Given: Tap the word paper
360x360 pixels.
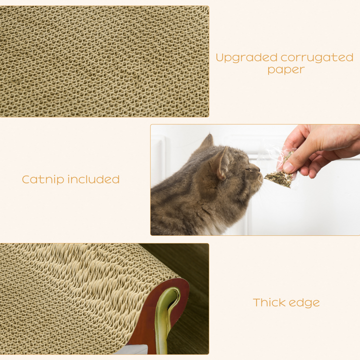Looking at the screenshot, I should [285, 70].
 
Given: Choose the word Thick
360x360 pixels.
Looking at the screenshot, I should [270, 302].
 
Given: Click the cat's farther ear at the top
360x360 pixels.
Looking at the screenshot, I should [206, 142].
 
